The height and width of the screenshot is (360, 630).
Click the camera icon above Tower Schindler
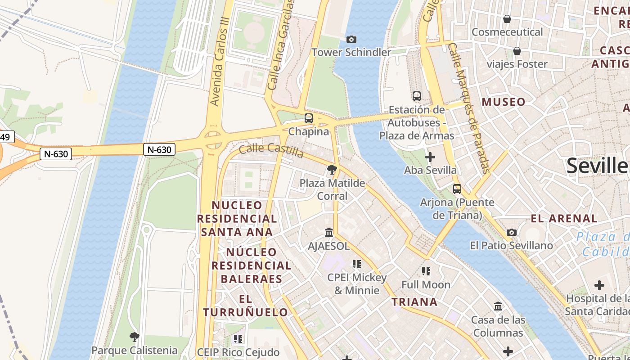[x=351, y=40]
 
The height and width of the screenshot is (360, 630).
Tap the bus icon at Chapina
[x=308, y=118]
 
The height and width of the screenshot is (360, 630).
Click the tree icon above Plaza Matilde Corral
[x=332, y=170]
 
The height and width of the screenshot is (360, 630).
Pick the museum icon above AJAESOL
[x=329, y=233]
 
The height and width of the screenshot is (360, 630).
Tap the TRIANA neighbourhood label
[x=414, y=302]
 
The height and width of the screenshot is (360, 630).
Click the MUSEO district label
[x=504, y=102]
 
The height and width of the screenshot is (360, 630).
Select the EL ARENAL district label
[x=564, y=219]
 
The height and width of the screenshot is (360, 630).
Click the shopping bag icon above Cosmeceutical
[x=507, y=19]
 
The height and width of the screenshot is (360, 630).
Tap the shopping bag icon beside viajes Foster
[x=517, y=51]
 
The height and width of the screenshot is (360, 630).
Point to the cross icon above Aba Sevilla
[x=430, y=157]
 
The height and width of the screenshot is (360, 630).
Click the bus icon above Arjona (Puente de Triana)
[x=457, y=189]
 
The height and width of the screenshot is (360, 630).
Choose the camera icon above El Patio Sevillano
[x=512, y=233]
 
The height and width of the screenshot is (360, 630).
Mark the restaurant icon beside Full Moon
[x=426, y=271]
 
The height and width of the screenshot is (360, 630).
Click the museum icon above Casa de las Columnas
[x=498, y=306]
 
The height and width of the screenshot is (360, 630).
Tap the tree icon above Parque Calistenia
[x=134, y=337]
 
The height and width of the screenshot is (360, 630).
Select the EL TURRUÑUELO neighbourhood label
[x=245, y=306]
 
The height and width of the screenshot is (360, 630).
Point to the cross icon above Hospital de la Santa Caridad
[x=599, y=285]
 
